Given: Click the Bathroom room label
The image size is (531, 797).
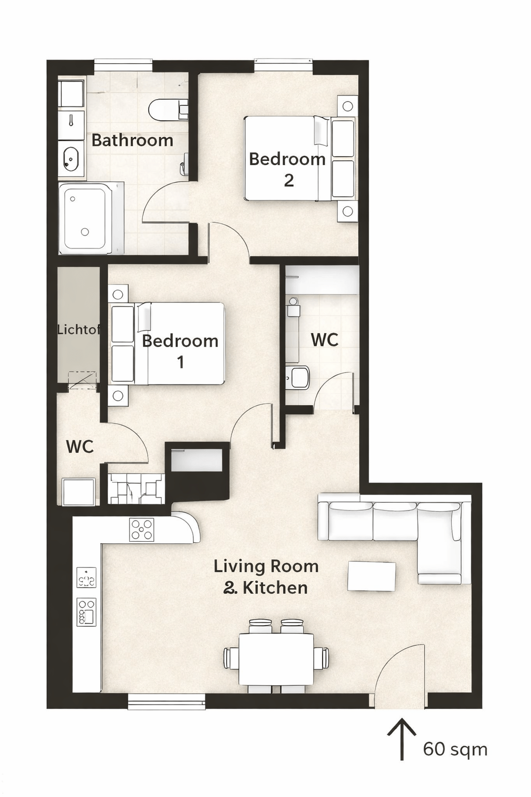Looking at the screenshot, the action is [132, 141].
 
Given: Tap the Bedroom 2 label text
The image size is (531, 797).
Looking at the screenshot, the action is [287, 170].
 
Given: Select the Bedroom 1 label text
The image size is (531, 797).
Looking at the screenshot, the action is [180, 351].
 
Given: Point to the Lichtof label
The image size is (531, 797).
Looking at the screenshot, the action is [79, 330].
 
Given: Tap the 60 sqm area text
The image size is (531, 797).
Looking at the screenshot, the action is [455, 749].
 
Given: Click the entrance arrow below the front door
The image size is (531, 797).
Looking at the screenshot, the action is [402, 739].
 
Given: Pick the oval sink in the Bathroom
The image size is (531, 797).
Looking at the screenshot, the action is [71, 158].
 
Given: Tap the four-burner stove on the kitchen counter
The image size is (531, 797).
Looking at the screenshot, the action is [142, 529].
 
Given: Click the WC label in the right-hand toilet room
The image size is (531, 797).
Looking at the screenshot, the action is [325, 340].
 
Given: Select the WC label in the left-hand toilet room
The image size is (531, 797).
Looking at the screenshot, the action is [80, 447].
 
